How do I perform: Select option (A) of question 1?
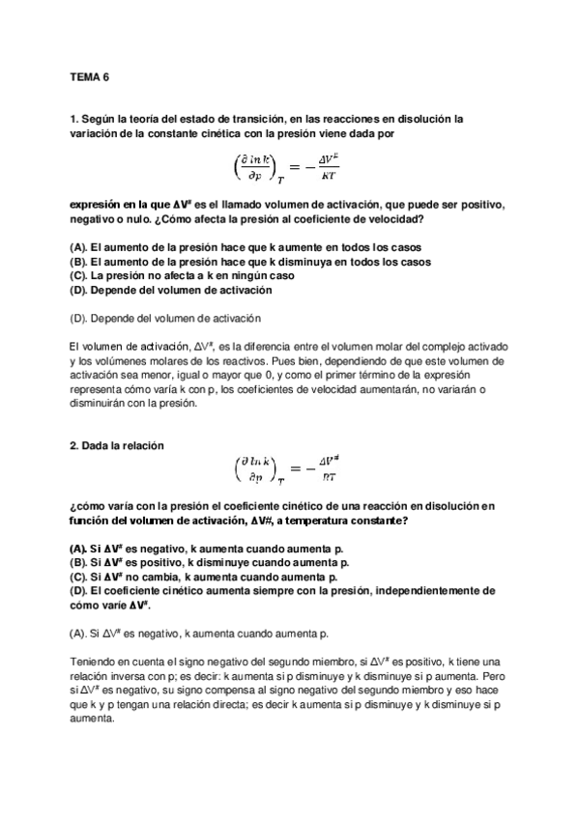[251, 249]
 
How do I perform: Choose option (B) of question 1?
[251, 262]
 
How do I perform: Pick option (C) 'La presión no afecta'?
[183, 275]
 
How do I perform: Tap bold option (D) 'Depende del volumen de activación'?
[179, 288]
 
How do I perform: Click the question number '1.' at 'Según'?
[74, 119]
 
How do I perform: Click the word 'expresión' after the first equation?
[100, 206]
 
